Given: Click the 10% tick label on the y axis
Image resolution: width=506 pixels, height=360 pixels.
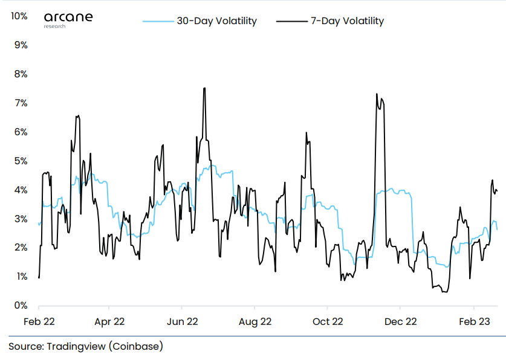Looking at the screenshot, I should click(x=19, y=16).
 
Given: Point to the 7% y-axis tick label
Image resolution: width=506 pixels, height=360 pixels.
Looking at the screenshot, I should click(x=21, y=103).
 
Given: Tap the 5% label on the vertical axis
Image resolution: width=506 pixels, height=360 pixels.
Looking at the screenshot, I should click(x=21, y=161).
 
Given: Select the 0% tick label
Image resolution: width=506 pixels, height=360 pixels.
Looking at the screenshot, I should click(x=21, y=306).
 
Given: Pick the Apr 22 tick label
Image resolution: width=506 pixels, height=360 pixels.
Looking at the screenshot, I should click(x=110, y=321).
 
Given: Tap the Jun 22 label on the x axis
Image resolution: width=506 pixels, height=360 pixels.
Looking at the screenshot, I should click(x=183, y=321).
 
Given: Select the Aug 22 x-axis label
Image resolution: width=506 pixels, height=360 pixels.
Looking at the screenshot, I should click(x=255, y=321).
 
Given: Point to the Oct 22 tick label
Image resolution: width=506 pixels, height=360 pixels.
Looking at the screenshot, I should click(x=328, y=321).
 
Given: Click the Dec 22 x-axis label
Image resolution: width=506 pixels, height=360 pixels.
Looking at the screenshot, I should click(x=401, y=321).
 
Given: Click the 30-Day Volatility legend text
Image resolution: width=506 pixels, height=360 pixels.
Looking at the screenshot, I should click(x=216, y=21).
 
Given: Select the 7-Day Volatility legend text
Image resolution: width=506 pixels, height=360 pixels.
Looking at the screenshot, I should click(x=347, y=21).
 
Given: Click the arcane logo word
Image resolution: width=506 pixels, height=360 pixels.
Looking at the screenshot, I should click(x=68, y=16).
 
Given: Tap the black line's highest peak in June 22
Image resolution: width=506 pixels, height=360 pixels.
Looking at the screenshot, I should click(x=205, y=88).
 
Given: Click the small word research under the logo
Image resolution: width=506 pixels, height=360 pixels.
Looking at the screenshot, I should click(x=54, y=27).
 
